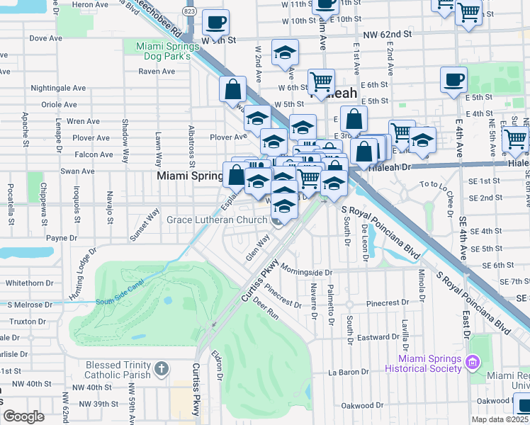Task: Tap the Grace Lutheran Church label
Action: [216, 220]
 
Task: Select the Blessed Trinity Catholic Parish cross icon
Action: [162, 369]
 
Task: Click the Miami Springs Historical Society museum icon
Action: [473, 363]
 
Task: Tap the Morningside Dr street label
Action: [305, 272]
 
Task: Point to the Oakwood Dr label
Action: [361, 406]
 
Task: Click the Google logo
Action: [23, 416]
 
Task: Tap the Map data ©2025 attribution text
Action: [499, 419]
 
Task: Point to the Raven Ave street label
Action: [157, 72]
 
